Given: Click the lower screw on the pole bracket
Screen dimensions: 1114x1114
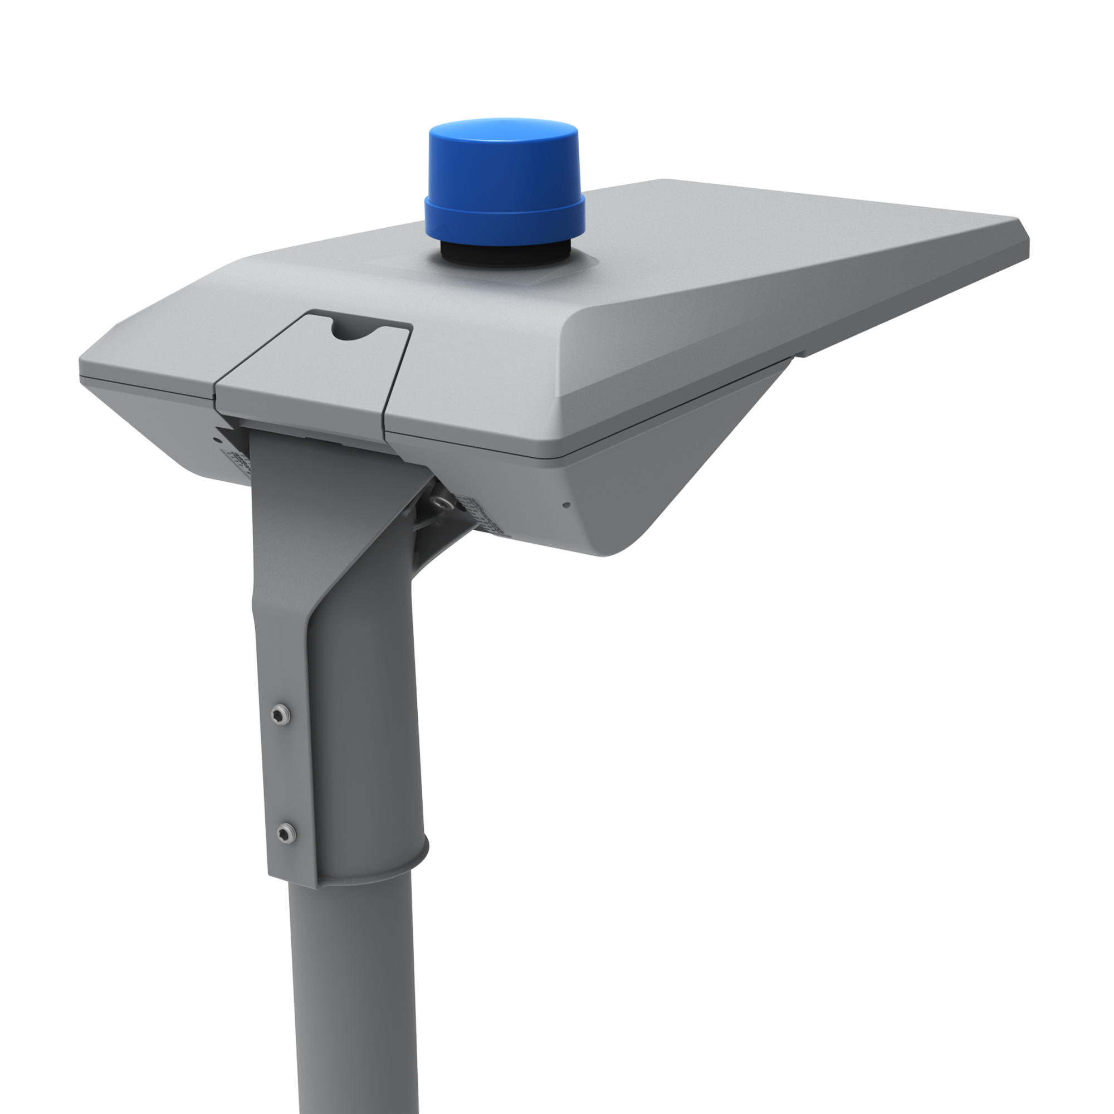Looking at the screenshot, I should [x=285, y=832].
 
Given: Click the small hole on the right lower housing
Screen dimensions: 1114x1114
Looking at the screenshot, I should [x=566, y=505].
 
